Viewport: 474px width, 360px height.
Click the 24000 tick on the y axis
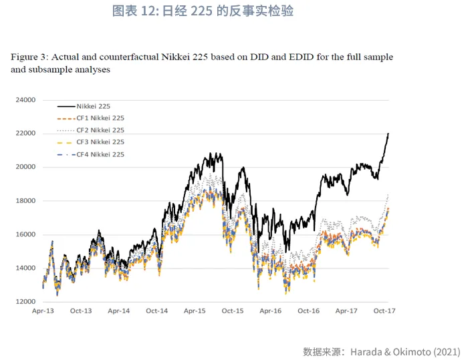[x=25, y=100]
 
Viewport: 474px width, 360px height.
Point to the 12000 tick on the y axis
[x=25, y=302]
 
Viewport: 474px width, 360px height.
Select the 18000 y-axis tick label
[x=25, y=201]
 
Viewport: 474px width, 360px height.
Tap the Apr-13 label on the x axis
[x=43, y=311]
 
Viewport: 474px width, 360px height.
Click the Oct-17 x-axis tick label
[x=384, y=311]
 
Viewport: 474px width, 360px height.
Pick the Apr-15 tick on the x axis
[x=195, y=311]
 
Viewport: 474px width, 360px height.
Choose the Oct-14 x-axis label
[x=156, y=311]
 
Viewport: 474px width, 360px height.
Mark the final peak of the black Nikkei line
[x=388, y=134]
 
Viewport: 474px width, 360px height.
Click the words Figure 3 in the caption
[x=29, y=57]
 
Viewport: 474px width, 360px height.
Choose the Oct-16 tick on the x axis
[x=309, y=311]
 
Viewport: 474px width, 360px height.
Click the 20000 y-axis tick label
[x=25, y=168]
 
